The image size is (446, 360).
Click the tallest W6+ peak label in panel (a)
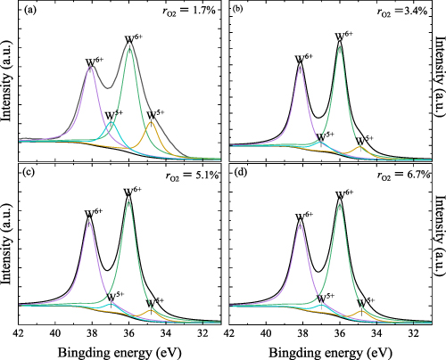(x=132, y=40)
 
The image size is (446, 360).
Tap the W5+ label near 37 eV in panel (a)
(x=114, y=116)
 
